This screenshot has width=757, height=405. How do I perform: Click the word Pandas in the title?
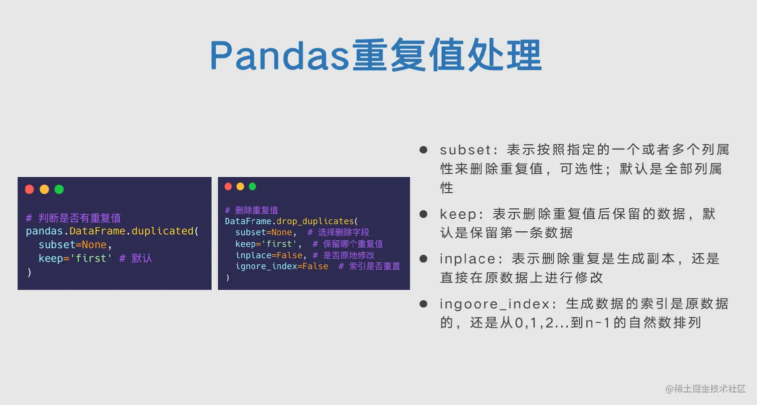click(x=279, y=56)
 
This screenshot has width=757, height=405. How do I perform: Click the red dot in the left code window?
click(x=30, y=190)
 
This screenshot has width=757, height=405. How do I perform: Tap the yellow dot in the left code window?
click(x=44, y=190)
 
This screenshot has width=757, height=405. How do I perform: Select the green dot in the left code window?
click(x=59, y=190)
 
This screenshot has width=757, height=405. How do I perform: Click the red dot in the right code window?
click(x=228, y=186)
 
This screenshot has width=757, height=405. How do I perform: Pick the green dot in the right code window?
click(x=252, y=186)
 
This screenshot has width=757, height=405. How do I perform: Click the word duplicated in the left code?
click(x=163, y=231)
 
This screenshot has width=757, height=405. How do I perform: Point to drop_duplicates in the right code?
click(x=315, y=221)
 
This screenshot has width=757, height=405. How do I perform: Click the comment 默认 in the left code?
click(x=142, y=258)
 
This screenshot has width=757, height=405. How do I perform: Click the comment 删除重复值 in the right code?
click(x=256, y=210)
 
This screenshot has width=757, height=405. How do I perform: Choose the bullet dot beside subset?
click(x=424, y=150)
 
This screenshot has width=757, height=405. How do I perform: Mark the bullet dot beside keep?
click(x=424, y=214)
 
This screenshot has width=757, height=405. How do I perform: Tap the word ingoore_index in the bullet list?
click(x=495, y=304)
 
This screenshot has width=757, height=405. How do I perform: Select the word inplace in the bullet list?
click(x=468, y=259)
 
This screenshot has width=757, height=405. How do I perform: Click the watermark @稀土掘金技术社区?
click(x=705, y=389)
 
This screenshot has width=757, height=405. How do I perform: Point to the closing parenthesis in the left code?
click(x=30, y=272)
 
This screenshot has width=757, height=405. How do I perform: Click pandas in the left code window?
click(x=44, y=232)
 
